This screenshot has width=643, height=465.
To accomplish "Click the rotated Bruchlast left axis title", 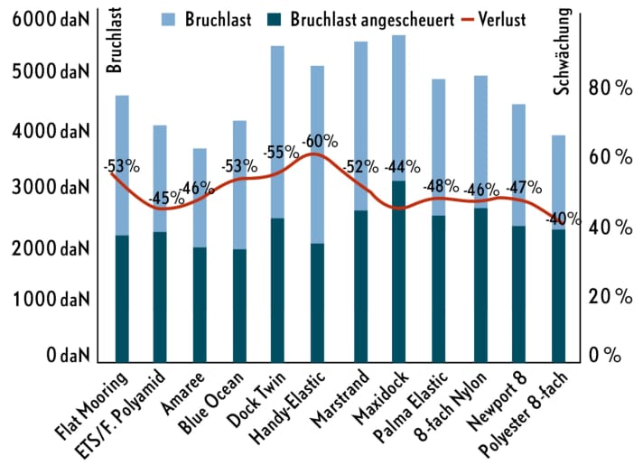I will pos(114,42).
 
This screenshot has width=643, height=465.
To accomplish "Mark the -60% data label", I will pos(320,141).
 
